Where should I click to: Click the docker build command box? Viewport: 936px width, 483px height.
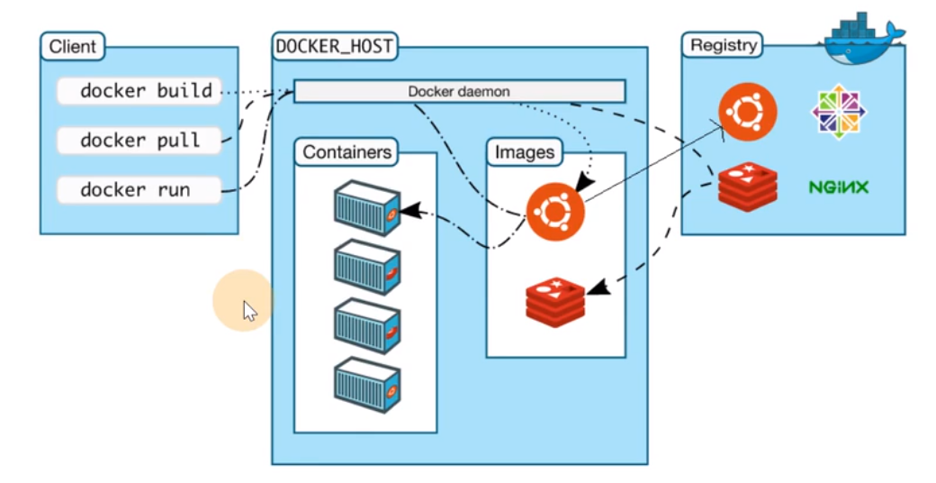139,91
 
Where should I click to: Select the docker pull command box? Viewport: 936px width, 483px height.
139,141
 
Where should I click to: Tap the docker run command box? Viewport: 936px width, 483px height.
139,190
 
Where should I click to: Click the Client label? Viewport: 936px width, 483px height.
73,46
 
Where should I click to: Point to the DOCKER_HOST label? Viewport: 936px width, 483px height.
335,46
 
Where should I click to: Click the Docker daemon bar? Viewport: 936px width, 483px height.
460,91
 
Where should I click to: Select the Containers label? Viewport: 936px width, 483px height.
346,151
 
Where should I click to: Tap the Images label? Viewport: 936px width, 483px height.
525,151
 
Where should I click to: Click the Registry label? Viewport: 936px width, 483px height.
723,45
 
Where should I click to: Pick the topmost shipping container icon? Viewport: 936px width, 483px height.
366,208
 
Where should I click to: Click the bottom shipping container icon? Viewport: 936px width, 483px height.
366,386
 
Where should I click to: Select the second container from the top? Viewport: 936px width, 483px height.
366,268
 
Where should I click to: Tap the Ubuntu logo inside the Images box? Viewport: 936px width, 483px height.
555,212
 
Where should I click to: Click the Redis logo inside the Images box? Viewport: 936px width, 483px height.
555,302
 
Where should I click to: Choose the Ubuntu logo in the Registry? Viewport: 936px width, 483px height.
747,112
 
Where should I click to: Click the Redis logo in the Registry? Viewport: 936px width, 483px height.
747,187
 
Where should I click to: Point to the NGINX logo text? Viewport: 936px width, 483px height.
839,187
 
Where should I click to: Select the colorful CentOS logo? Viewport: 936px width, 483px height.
839,111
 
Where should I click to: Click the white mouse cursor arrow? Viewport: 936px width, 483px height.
249,311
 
